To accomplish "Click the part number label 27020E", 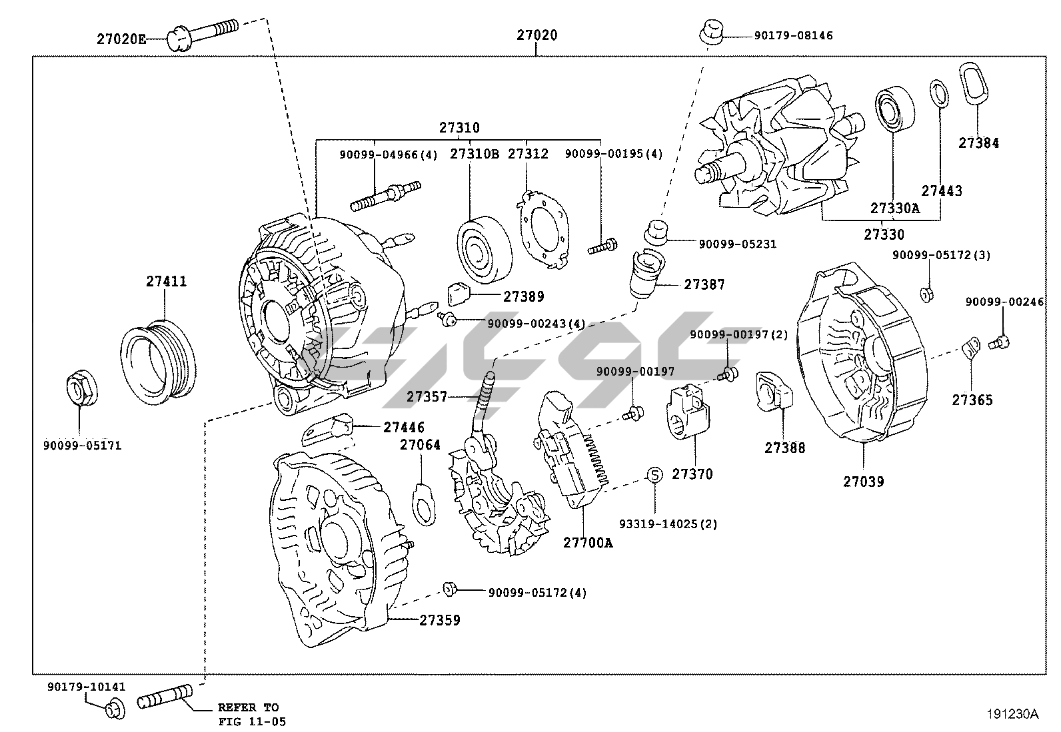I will (121, 39).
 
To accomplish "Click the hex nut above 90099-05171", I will (80, 389).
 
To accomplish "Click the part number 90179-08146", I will (793, 35).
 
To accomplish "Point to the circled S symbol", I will (654, 475).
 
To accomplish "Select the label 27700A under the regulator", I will (587, 542).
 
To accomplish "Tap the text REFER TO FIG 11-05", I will (248, 714).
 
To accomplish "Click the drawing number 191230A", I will (1013, 714).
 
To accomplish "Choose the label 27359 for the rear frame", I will (439, 620).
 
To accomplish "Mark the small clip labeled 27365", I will (970, 347).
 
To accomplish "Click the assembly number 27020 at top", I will (536, 35).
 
